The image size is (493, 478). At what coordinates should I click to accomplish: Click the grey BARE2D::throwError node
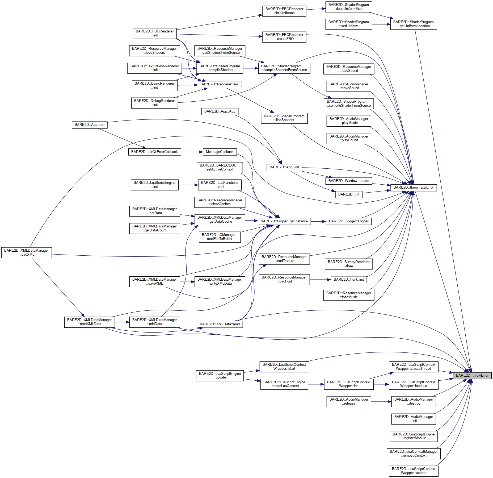[x=472, y=375]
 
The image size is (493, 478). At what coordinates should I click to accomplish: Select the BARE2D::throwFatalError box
[x=413, y=187]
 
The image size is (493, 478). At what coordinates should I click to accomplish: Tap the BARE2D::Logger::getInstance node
[x=284, y=221]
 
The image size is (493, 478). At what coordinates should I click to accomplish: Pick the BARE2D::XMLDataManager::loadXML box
[x=27, y=252]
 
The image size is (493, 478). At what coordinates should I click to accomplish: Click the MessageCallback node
[x=220, y=152]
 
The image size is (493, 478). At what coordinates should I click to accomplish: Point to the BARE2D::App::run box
[x=89, y=125]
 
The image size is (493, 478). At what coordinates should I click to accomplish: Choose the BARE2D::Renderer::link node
[x=220, y=84]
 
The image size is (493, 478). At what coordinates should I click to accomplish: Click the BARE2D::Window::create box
[x=349, y=181]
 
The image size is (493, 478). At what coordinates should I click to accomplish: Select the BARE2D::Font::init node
[x=349, y=280]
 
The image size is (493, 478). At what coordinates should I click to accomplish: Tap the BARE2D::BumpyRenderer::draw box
[x=349, y=264]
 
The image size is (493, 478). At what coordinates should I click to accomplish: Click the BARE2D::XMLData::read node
[x=220, y=324]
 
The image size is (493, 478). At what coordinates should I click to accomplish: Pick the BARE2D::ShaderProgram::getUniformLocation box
[x=413, y=24]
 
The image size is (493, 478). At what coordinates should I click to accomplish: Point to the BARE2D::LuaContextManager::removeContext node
[x=413, y=454]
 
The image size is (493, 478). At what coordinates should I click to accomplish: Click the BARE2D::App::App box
[x=220, y=111]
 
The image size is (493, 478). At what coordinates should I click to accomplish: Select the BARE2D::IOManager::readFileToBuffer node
[x=220, y=237]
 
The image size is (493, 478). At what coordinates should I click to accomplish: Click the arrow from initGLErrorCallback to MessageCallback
[x=192, y=152]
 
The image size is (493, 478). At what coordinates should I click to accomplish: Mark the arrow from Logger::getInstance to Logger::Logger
[x=318, y=221]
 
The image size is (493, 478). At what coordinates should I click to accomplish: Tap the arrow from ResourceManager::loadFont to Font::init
[x=320, y=280]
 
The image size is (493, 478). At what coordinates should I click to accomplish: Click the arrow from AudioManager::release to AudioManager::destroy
[x=381, y=402]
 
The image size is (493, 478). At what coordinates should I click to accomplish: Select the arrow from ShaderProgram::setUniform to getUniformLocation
[x=381, y=24]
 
